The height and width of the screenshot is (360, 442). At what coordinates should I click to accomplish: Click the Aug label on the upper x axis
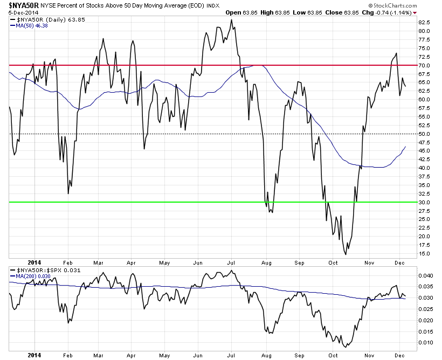tap(265, 262)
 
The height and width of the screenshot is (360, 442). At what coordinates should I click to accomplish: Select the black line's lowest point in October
tap(345, 254)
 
